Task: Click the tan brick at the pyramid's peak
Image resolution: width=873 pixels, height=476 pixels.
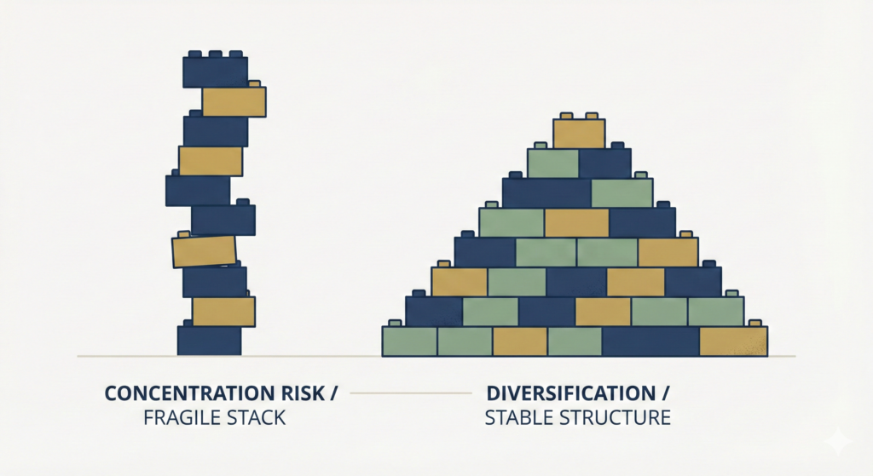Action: click(x=579, y=134)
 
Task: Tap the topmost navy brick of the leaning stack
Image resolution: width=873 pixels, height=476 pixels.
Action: click(x=215, y=72)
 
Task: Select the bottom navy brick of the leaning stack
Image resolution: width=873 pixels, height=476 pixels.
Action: click(x=209, y=341)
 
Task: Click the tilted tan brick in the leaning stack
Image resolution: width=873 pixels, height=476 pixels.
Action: click(x=204, y=251)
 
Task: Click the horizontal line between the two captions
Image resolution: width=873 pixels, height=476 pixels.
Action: click(x=410, y=393)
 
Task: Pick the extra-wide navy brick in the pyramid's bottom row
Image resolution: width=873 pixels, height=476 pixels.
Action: click(x=650, y=341)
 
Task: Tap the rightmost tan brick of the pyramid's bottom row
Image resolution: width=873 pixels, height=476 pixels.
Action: click(x=733, y=341)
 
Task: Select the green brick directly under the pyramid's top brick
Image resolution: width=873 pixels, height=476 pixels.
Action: click(x=552, y=163)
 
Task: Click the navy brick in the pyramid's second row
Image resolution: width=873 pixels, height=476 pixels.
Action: click(x=604, y=163)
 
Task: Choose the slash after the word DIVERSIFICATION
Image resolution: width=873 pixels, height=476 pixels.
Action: click(x=665, y=394)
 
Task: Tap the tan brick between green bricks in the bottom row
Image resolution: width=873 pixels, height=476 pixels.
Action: click(x=519, y=341)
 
